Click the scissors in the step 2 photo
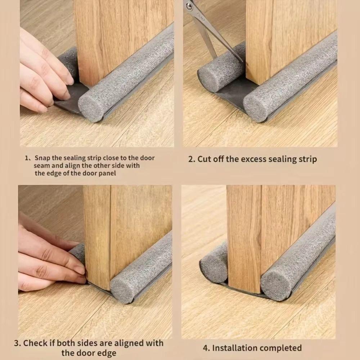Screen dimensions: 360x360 click(x=209, y=25)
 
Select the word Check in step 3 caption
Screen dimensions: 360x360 click(x=36, y=343)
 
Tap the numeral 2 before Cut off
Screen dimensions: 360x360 click(x=191, y=159)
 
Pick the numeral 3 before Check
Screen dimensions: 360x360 click(x=17, y=343)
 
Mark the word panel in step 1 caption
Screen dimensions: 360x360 click(x=108, y=173)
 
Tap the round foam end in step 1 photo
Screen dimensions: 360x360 click(x=90, y=108)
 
